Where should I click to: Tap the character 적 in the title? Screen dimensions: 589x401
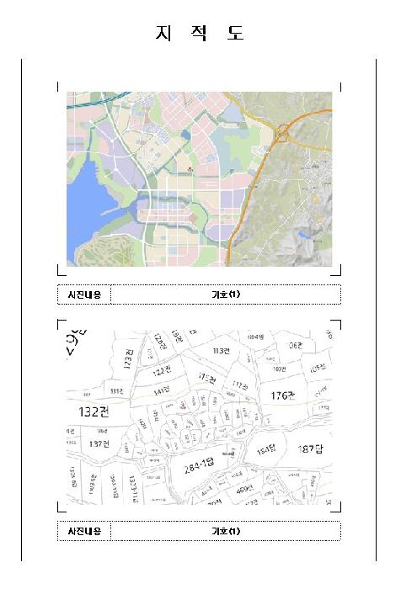pyautogui.click(x=200, y=34)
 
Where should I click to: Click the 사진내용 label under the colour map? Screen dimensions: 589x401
pyautogui.click(x=84, y=294)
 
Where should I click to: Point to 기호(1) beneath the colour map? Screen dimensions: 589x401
pyautogui.click(x=225, y=294)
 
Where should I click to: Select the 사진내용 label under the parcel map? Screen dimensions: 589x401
pyautogui.click(x=84, y=531)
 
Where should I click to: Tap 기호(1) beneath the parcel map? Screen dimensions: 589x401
pyautogui.click(x=225, y=531)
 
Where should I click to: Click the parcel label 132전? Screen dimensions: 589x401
pyautogui.click(x=94, y=411)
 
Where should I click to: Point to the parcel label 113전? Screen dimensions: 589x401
pyautogui.click(x=222, y=350)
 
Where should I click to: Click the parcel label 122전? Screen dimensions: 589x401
pyautogui.click(x=163, y=371)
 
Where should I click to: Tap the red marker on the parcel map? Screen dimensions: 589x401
pyautogui.click(x=181, y=405)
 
